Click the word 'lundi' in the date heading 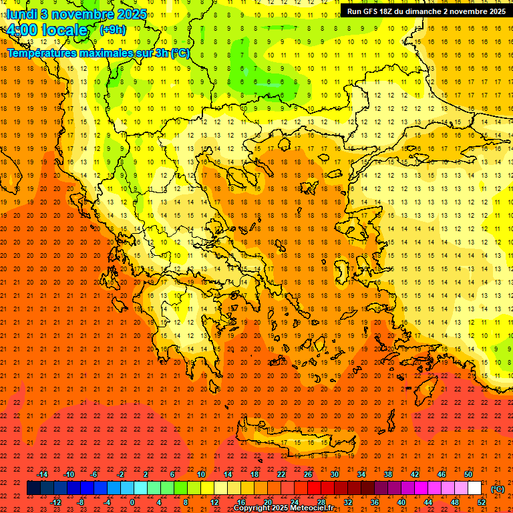(x=21, y=13)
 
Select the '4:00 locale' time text (x=47, y=30)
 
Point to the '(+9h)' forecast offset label (x=112, y=29)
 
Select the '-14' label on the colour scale (x=42, y=474)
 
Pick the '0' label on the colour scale (x=132, y=502)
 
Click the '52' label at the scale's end (x=482, y=502)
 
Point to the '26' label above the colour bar (x=308, y=474)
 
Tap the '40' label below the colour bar (x=401, y=502)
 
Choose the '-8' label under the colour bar (x=80, y=502)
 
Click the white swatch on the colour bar (x=474, y=488)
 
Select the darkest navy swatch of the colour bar (x=33, y=488)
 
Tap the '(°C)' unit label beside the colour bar (x=498, y=488)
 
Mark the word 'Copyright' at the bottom (x=253, y=508)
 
